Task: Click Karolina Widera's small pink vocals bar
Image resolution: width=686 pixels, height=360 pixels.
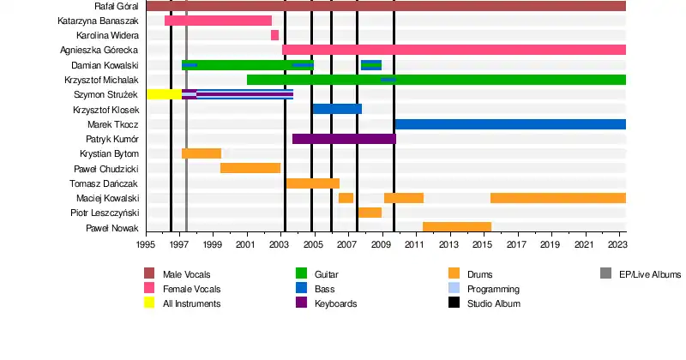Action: pos(274,35)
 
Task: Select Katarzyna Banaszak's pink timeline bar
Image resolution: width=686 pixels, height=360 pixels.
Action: pos(218,21)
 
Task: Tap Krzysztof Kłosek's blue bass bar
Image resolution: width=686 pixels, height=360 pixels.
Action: pos(337,109)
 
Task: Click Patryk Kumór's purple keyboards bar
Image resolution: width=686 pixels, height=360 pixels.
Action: pos(344,138)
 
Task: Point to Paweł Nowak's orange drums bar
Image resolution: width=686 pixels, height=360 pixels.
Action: pos(456,227)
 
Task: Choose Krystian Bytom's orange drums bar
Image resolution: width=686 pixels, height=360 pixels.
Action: pos(202,153)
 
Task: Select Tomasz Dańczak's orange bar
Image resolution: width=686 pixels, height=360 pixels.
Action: pos(313,183)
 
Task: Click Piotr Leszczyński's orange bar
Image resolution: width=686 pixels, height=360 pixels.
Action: pos(370,213)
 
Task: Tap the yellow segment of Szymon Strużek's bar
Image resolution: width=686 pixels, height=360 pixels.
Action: pos(164,93)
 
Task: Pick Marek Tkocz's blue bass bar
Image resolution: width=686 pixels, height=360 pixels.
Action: pos(510,124)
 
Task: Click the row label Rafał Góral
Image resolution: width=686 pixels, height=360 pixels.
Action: pos(117,6)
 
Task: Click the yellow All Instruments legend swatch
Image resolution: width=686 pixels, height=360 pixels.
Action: pos(149,303)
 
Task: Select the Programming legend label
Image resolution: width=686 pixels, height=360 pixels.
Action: pos(492,289)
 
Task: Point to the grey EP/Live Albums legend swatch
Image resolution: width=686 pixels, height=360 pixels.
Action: pos(605,274)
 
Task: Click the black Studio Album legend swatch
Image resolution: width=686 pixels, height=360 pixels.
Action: pos(454,303)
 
